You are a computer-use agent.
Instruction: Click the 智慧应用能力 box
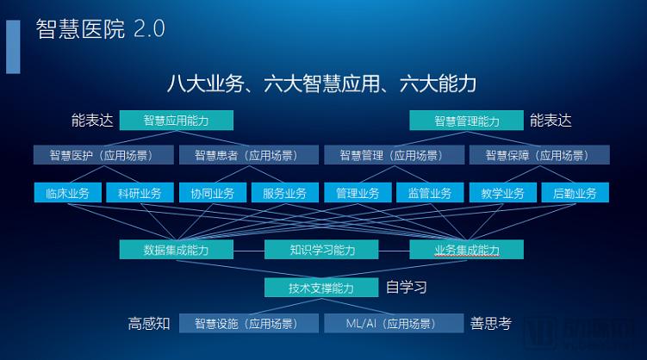click(177, 121)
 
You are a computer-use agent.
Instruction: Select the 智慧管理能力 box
click(466, 121)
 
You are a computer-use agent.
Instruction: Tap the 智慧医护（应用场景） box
click(103, 155)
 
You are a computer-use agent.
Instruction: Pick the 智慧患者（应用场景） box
click(249, 155)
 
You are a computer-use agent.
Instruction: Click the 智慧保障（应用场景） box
click(539, 155)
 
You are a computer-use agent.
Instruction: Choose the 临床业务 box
click(68, 193)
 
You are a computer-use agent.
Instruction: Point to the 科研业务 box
click(140, 193)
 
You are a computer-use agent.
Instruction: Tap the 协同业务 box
click(213, 193)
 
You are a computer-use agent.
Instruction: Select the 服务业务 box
click(285, 193)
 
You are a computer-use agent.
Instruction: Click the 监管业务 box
click(430, 193)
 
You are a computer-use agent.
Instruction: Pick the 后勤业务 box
click(575, 193)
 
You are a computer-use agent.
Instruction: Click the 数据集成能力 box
click(177, 250)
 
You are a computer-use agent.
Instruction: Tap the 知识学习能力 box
click(321, 250)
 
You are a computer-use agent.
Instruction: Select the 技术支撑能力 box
click(321, 288)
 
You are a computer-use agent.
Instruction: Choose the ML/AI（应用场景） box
click(394, 323)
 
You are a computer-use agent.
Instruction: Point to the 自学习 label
click(406, 288)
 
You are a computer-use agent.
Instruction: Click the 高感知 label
click(149, 323)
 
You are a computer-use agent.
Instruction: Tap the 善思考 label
click(490, 323)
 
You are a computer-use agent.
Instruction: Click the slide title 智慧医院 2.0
click(100, 29)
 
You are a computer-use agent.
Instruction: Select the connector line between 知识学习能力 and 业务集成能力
click(394, 251)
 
